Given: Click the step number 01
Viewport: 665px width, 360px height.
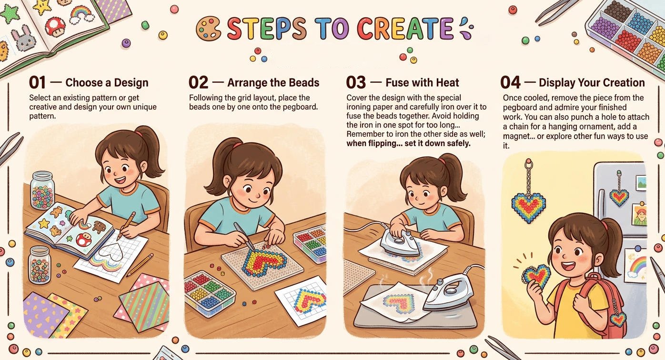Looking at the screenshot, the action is pyautogui.click(x=38, y=82).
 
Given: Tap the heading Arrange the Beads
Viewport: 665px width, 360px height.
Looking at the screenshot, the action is pyautogui.click(x=273, y=82).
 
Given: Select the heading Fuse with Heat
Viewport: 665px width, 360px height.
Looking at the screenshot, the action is pyautogui.click(x=422, y=82).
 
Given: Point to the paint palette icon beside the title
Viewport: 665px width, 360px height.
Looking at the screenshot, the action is pyautogui.click(x=208, y=29).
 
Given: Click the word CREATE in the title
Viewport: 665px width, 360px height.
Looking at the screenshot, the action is pyautogui.click(x=405, y=29).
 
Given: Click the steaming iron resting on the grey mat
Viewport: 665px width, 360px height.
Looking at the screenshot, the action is pyautogui.click(x=448, y=292).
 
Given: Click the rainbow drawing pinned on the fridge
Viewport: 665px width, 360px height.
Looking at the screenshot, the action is pyautogui.click(x=635, y=265).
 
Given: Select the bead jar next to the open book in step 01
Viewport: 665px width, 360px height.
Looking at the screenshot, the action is pyautogui.click(x=43, y=190).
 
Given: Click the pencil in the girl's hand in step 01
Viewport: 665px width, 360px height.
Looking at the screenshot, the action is pyautogui.click(x=126, y=226).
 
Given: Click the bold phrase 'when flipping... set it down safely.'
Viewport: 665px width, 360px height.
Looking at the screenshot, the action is pyautogui.click(x=409, y=144).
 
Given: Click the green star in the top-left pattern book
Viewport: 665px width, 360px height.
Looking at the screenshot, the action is pyautogui.click(x=10, y=14).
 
